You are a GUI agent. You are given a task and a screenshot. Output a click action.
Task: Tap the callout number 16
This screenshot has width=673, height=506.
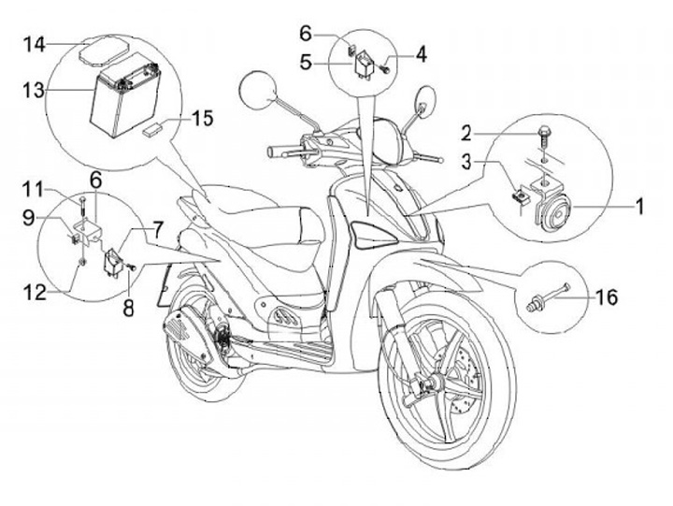(606, 297)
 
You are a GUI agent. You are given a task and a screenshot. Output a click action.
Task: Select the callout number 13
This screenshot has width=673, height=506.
(34, 90)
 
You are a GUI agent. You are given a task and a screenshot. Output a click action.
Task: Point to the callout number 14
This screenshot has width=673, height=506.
(35, 44)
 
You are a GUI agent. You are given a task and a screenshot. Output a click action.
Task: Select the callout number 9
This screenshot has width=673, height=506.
(28, 217)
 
